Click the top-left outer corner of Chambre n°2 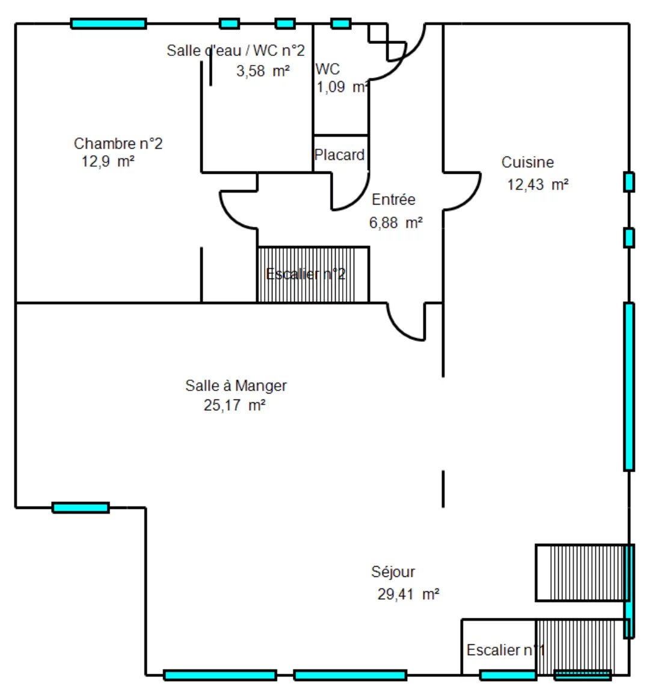click(16, 23)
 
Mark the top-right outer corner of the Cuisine click(629, 23)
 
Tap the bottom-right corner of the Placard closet click(368, 172)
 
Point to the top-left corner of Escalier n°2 click(257, 247)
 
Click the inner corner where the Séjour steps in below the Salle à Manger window click(146, 508)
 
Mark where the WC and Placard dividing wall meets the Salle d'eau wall click(313, 135)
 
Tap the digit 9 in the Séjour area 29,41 click(390, 594)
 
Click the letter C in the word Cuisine click(506, 162)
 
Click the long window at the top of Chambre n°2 click(109, 23)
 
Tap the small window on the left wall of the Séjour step click(81, 508)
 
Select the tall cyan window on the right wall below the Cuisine click(629, 387)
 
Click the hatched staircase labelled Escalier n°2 click(313, 275)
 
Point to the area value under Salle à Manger click(235, 405)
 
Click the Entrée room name click(393, 199)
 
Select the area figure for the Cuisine click(538, 185)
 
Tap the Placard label click(340, 155)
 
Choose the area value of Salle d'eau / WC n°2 click(263, 70)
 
